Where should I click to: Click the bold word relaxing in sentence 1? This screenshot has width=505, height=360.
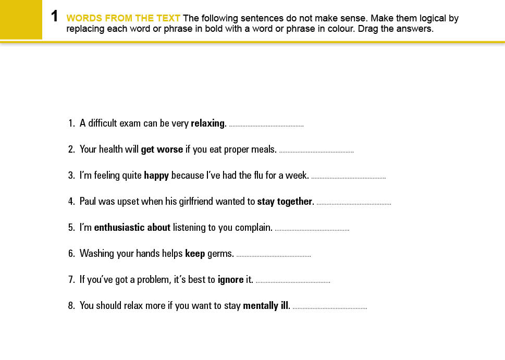coord(208,124)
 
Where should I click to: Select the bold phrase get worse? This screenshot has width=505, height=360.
coord(162,150)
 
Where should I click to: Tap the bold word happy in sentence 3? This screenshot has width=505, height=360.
coord(156,176)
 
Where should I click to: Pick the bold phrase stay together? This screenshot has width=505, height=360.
coord(285,202)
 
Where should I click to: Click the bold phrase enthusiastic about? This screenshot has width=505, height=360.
coord(132,228)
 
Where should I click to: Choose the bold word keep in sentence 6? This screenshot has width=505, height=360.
coord(194,254)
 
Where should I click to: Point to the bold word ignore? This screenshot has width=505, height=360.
coord(230,280)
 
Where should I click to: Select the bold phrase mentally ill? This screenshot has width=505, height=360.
coord(266,306)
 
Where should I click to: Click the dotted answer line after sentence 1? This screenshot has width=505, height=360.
coord(266,126)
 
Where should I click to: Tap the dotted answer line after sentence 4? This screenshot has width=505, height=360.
coord(354,204)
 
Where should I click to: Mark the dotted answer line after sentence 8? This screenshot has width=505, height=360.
coord(330,308)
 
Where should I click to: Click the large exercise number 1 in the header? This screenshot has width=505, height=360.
coord(54,17)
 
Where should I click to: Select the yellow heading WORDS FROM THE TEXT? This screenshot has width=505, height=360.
coord(124,19)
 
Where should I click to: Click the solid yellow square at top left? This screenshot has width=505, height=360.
coord(21,19)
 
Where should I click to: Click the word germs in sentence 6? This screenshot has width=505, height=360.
coord(220,254)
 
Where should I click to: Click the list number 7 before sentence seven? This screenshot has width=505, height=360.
coord(71,280)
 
